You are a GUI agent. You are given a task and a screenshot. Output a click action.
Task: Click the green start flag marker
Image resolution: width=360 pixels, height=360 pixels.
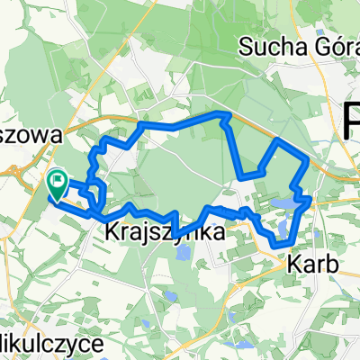58,184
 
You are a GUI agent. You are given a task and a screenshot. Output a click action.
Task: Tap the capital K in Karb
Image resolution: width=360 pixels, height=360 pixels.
294,265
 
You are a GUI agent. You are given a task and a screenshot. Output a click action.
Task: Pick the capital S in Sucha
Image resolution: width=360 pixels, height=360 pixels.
247,44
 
